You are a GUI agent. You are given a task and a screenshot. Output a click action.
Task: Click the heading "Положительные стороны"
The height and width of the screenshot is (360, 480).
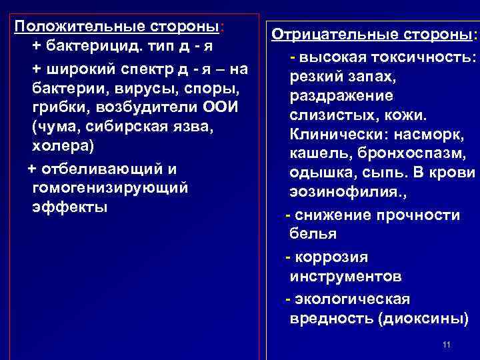click(x=117, y=27)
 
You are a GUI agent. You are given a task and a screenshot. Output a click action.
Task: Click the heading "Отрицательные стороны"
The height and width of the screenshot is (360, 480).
click(x=371, y=34)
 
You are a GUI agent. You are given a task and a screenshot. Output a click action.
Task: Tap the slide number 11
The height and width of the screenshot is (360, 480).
click(x=447, y=345)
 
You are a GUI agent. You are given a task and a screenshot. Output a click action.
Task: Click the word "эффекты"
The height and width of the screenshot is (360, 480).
click(x=70, y=207)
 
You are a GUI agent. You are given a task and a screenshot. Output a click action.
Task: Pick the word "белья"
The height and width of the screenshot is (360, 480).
click(x=313, y=233)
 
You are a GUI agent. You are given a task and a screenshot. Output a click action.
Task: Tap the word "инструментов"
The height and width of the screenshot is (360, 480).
click(x=345, y=275)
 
